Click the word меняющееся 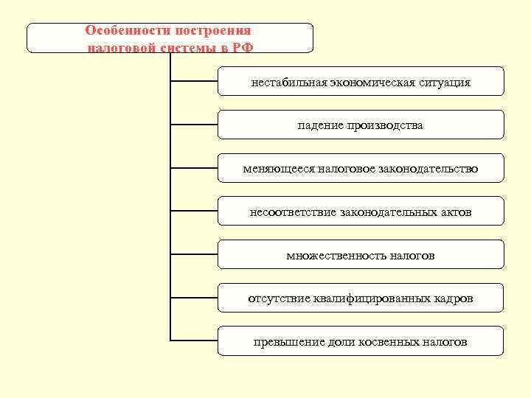280,170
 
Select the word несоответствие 293,213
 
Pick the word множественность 330,256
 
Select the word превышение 285,343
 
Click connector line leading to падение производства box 194,125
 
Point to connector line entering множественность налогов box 194,254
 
